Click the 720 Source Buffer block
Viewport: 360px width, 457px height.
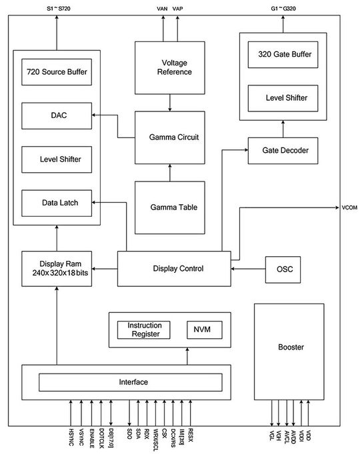click(x=56, y=72)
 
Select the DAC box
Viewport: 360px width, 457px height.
click(x=56, y=115)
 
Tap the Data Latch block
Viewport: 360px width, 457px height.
click(x=56, y=203)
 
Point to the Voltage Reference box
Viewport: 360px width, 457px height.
click(x=169, y=67)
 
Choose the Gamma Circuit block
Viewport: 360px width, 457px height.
click(x=169, y=137)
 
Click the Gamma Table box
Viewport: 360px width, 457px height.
click(x=169, y=207)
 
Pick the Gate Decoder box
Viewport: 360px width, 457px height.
click(x=283, y=151)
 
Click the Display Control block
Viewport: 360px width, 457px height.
click(x=174, y=269)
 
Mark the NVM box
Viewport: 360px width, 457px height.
click(x=203, y=330)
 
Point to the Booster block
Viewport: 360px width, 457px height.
click(x=290, y=348)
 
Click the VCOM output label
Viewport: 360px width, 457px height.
click(x=349, y=207)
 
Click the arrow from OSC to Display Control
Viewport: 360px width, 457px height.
click(x=248, y=269)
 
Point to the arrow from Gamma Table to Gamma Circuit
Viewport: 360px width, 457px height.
click(x=169, y=172)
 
